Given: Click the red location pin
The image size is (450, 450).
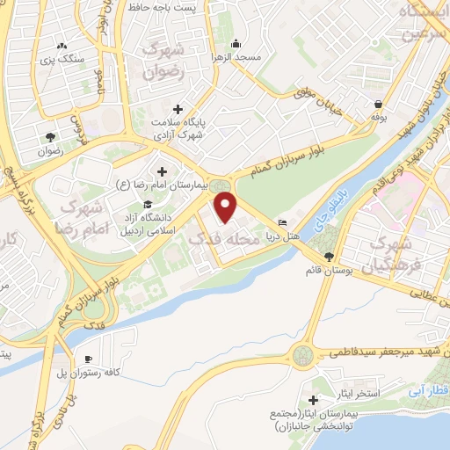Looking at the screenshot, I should click(226, 207).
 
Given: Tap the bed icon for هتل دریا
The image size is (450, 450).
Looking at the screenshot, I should click(282, 222).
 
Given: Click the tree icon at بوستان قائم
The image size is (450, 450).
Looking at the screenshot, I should click(329, 257).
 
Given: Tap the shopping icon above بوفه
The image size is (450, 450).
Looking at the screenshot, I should click(378, 103).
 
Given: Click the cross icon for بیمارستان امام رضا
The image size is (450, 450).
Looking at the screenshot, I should click(161, 171).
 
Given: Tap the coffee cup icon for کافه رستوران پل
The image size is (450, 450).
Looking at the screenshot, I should click(88, 359).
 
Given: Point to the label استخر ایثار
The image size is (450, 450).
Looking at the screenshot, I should click(358, 393).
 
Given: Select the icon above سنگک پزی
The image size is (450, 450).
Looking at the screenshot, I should click(61, 46).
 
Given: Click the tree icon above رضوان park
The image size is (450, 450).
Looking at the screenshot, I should click(50, 136).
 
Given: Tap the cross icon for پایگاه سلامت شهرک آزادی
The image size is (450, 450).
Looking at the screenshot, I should click(178, 109).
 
